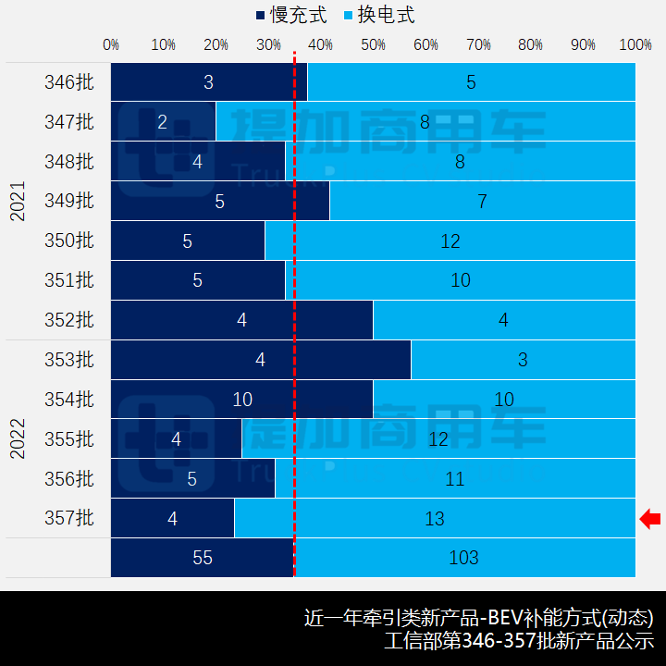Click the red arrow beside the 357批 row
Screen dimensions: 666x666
click(x=650, y=519)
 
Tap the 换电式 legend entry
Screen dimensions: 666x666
click(x=378, y=16)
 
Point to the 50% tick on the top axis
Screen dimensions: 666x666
click(x=374, y=44)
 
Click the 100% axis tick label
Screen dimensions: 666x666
click(x=635, y=44)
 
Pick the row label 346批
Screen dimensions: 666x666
click(x=69, y=82)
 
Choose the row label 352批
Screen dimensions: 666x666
click(x=69, y=320)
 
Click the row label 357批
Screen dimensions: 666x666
click(x=69, y=519)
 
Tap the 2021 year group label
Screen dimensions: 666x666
click(x=18, y=201)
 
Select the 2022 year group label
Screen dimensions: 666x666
click(x=18, y=438)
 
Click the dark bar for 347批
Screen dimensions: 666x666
click(x=163, y=121)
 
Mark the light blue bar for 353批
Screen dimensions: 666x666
click(x=523, y=360)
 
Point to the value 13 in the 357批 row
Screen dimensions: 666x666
click(x=435, y=519)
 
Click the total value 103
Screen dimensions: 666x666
click(x=463, y=558)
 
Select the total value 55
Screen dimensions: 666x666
click(x=203, y=558)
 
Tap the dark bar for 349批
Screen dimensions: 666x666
click(x=220, y=201)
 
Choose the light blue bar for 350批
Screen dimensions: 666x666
click(x=450, y=240)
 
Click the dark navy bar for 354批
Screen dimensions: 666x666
click(x=242, y=400)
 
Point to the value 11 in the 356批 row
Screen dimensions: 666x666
click(x=454, y=479)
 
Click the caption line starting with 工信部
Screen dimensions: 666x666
click(x=519, y=640)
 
